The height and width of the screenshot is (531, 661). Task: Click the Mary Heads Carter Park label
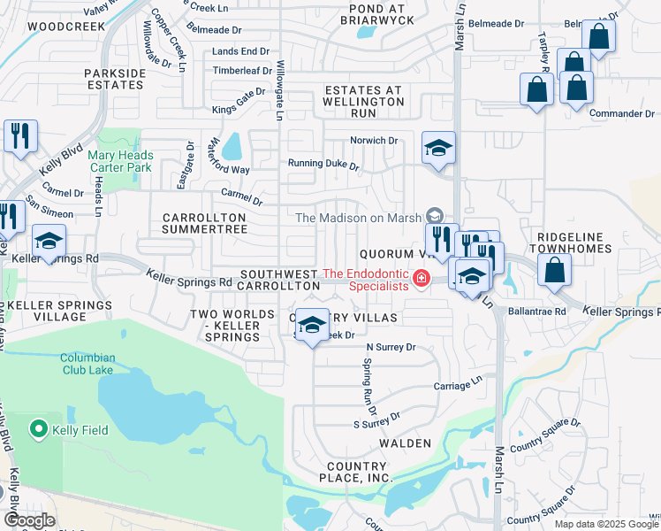click(x=121, y=161)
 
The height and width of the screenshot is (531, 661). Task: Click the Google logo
click(x=29, y=520)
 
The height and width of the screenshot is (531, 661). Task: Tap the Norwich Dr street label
click(x=375, y=141)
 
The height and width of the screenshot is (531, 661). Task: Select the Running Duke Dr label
click(x=323, y=165)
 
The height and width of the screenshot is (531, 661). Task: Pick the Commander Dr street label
click(x=628, y=114)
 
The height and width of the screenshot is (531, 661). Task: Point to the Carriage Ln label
click(x=459, y=386)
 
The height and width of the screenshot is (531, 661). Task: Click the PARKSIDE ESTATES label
click(x=114, y=79)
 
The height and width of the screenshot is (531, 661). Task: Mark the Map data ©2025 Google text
click(x=605, y=524)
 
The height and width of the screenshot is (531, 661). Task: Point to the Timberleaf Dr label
click(x=242, y=71)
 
